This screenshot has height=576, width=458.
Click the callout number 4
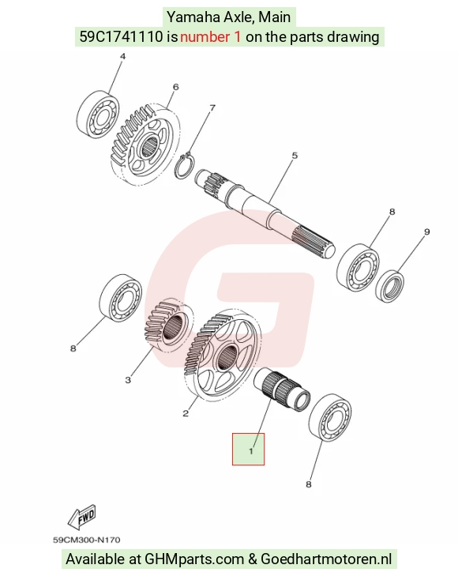pyautogui.click(x=123, y=57)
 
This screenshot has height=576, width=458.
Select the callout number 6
pyautogui.click(x=176, y=87)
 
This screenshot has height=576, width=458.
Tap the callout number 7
pyautogui.click(x=212, y=107)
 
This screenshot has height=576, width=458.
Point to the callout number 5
pyautogui.click(x=295, y=156)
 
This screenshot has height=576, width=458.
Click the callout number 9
pyautogui.click(x=426, y=232)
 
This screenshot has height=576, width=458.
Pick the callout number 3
pyautogui.click(x=128, y=380)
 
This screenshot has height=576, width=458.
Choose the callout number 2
pyautogui.click(x=186, y=413)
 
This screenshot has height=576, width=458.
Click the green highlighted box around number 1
pyautogui.click(x=248, y=449)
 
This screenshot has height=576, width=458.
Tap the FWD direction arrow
pyautogui.click(x=82, y=518)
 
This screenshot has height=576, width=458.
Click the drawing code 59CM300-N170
pyautogui.click(x=87, y=540)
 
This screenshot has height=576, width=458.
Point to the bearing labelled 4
pyautogui.click(x=99, y=115)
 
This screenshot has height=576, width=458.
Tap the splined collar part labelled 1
pyautogui.click(x=282, y=390)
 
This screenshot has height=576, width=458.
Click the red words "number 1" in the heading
pyautogui.click(x=211, y=36)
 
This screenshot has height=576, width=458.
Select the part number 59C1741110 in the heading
pyautogui.click(x=121, y=36)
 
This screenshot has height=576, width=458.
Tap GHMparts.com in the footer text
pyautogui.click(x=194, y=559)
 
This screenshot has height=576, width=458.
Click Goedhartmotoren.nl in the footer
pyautogui.click(x=326, y=559)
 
